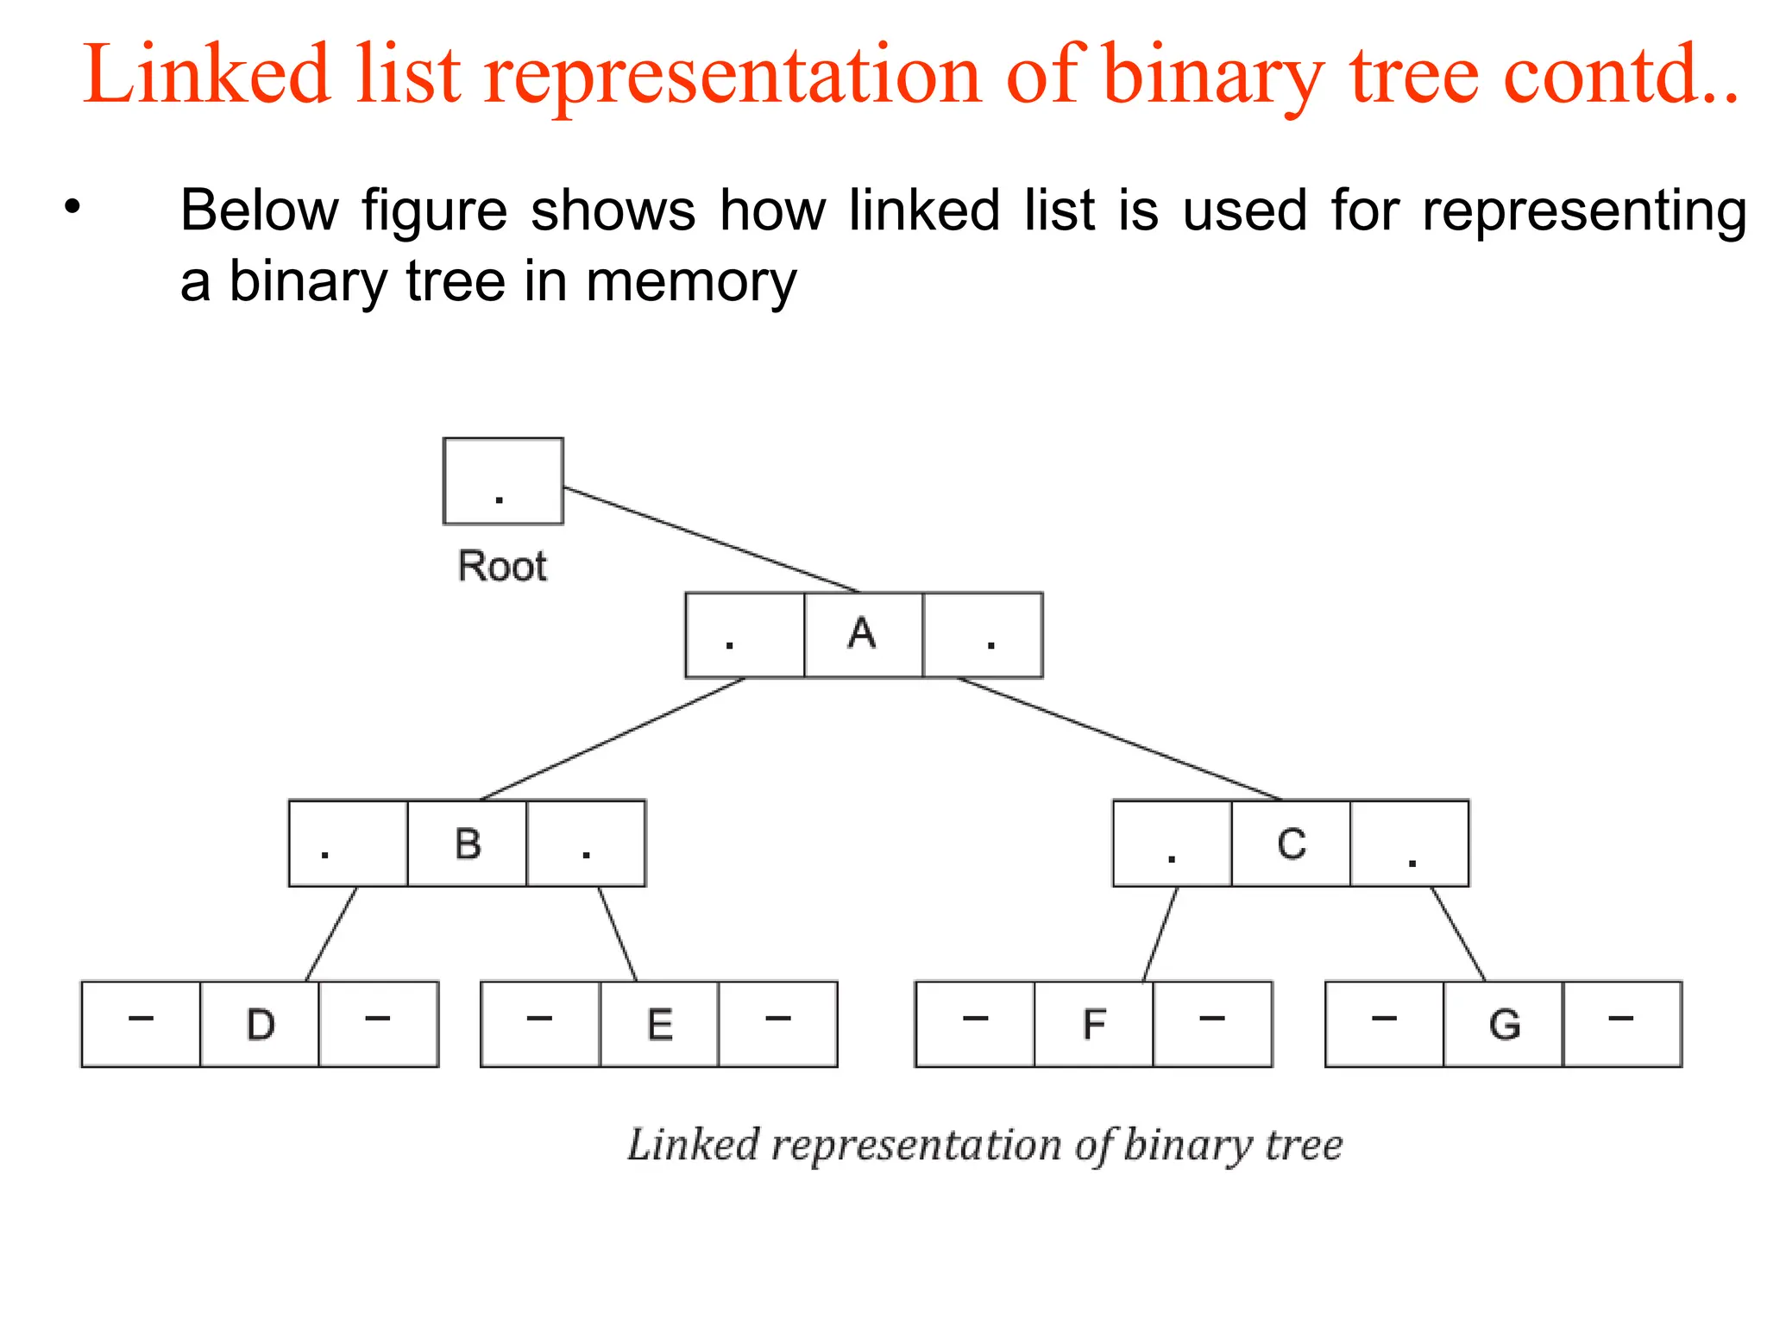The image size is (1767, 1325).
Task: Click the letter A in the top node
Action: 862,634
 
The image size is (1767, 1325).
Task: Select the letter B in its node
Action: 468,844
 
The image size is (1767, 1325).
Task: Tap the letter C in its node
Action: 1291,844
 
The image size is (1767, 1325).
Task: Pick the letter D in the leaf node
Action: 260,1025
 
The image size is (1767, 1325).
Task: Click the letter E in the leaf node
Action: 659,1025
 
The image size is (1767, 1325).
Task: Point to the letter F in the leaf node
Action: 1093,1025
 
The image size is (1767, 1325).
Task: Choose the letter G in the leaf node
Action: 1504,1025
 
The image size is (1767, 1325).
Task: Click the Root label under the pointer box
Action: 502,567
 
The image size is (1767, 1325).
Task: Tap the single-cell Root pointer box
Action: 503,480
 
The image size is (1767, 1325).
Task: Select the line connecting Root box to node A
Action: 712,540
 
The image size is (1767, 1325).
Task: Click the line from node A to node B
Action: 613,738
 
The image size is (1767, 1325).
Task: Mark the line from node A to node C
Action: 1119,738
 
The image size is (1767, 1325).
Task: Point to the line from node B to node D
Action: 331,933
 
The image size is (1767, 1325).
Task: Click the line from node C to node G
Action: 1458,933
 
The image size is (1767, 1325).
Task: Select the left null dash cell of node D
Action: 141,1024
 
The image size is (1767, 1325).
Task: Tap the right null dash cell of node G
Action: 1621,1024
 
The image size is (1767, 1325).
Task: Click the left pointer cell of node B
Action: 348,844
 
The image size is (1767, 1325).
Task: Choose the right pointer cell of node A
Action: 983,635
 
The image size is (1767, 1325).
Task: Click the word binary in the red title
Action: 1213,76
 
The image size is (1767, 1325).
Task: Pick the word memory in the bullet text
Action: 691,282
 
